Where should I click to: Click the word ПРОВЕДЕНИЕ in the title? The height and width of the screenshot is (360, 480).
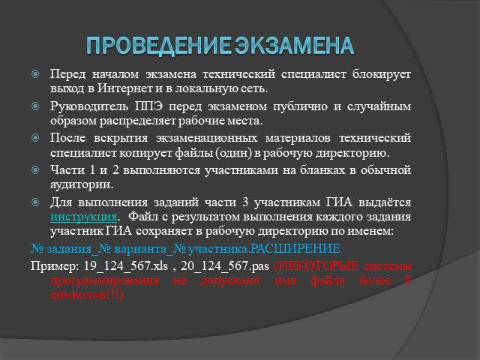coord(158,46)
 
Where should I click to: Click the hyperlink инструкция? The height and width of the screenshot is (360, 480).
coord(83,217)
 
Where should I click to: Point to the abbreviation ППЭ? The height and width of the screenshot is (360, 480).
coord(148,106)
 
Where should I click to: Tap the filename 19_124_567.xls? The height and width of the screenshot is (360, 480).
coord(125,265)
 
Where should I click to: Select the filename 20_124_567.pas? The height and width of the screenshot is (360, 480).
coord(225,265)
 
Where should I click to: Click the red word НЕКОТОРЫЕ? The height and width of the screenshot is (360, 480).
coord(316,265)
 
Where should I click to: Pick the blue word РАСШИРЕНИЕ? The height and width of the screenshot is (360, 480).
coord(295,248)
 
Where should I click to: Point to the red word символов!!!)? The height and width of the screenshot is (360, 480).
coord(87,295)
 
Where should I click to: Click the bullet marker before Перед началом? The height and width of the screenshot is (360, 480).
coord(35,73)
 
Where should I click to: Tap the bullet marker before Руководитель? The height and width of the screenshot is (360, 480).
coord(35,106)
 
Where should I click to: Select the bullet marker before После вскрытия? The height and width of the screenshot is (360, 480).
coord(35,138)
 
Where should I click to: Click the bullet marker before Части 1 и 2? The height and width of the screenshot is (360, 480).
coord(35,170)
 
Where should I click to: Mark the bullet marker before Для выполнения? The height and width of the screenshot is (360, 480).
coord(35,202)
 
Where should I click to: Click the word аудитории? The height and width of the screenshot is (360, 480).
coord(82,185)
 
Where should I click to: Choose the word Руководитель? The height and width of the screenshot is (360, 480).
coord(89,106)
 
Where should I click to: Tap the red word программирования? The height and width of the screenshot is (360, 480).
coord(105,280)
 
